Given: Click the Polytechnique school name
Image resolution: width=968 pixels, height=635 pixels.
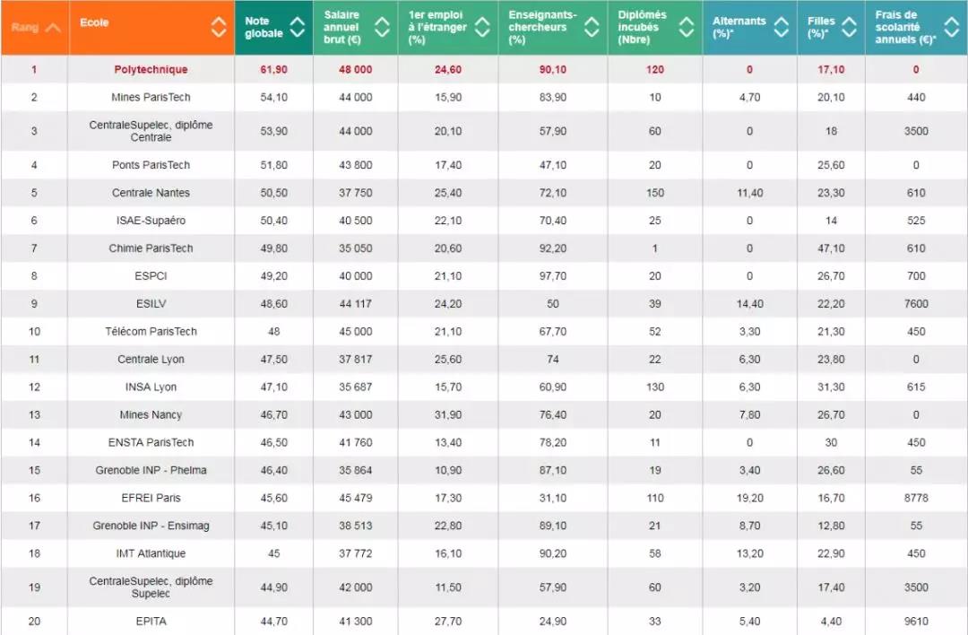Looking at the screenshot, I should click(x=151, y=69).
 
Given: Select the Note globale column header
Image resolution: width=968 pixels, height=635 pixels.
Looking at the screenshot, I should click(x=264, y=28).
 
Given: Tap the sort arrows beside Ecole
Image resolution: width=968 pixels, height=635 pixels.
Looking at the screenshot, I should click(x=219, y=27).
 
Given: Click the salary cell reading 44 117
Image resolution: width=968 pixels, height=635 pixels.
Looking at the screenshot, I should click(x=354, y=304).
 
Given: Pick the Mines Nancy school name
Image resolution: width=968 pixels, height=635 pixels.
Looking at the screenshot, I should click(x=151, y=415).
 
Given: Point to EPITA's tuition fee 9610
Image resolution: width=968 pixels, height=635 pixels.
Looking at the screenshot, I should click(x=916, y=621).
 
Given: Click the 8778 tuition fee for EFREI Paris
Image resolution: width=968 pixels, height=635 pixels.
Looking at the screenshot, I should click(x=916, y=498).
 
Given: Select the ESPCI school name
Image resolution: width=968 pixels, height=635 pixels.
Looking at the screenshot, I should click(x=151, y=276).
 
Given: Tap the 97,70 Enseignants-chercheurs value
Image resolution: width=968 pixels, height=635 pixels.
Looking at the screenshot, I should click(x=552, y=276).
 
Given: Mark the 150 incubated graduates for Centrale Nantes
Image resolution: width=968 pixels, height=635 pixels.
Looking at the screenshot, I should click(x=655, y=193).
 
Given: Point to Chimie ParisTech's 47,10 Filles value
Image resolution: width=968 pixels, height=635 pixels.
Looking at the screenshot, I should click(x=831, y=248).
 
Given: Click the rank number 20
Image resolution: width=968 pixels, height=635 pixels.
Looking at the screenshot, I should click(x=34, y=621).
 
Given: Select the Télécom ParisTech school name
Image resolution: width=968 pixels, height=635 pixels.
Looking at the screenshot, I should click(x=151, y=332).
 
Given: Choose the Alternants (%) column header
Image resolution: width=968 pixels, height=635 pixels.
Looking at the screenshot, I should click(x=739, y=28).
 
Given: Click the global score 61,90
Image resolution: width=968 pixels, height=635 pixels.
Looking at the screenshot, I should click(x=273, y=69).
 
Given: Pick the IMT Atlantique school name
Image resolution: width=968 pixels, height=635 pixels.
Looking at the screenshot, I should click(x=151, y=553).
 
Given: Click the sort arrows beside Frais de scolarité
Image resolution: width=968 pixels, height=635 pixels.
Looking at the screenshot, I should click(x=950, y=27).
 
